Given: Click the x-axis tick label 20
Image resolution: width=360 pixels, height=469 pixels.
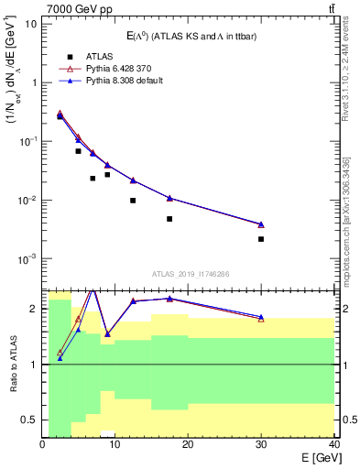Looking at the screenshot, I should [189, 445].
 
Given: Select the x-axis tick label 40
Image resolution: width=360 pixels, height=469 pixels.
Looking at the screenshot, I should [334, 445].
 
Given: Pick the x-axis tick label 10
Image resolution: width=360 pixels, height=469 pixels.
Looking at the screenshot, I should [115, 445].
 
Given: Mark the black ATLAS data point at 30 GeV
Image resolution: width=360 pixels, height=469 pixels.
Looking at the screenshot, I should [261, 239].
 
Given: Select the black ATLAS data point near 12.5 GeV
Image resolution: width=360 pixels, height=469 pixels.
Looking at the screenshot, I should [133, 201].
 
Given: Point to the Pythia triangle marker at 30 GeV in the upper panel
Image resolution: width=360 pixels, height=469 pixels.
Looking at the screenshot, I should [261, 224].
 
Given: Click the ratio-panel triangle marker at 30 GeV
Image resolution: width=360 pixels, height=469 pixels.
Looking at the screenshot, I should [261, 317].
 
